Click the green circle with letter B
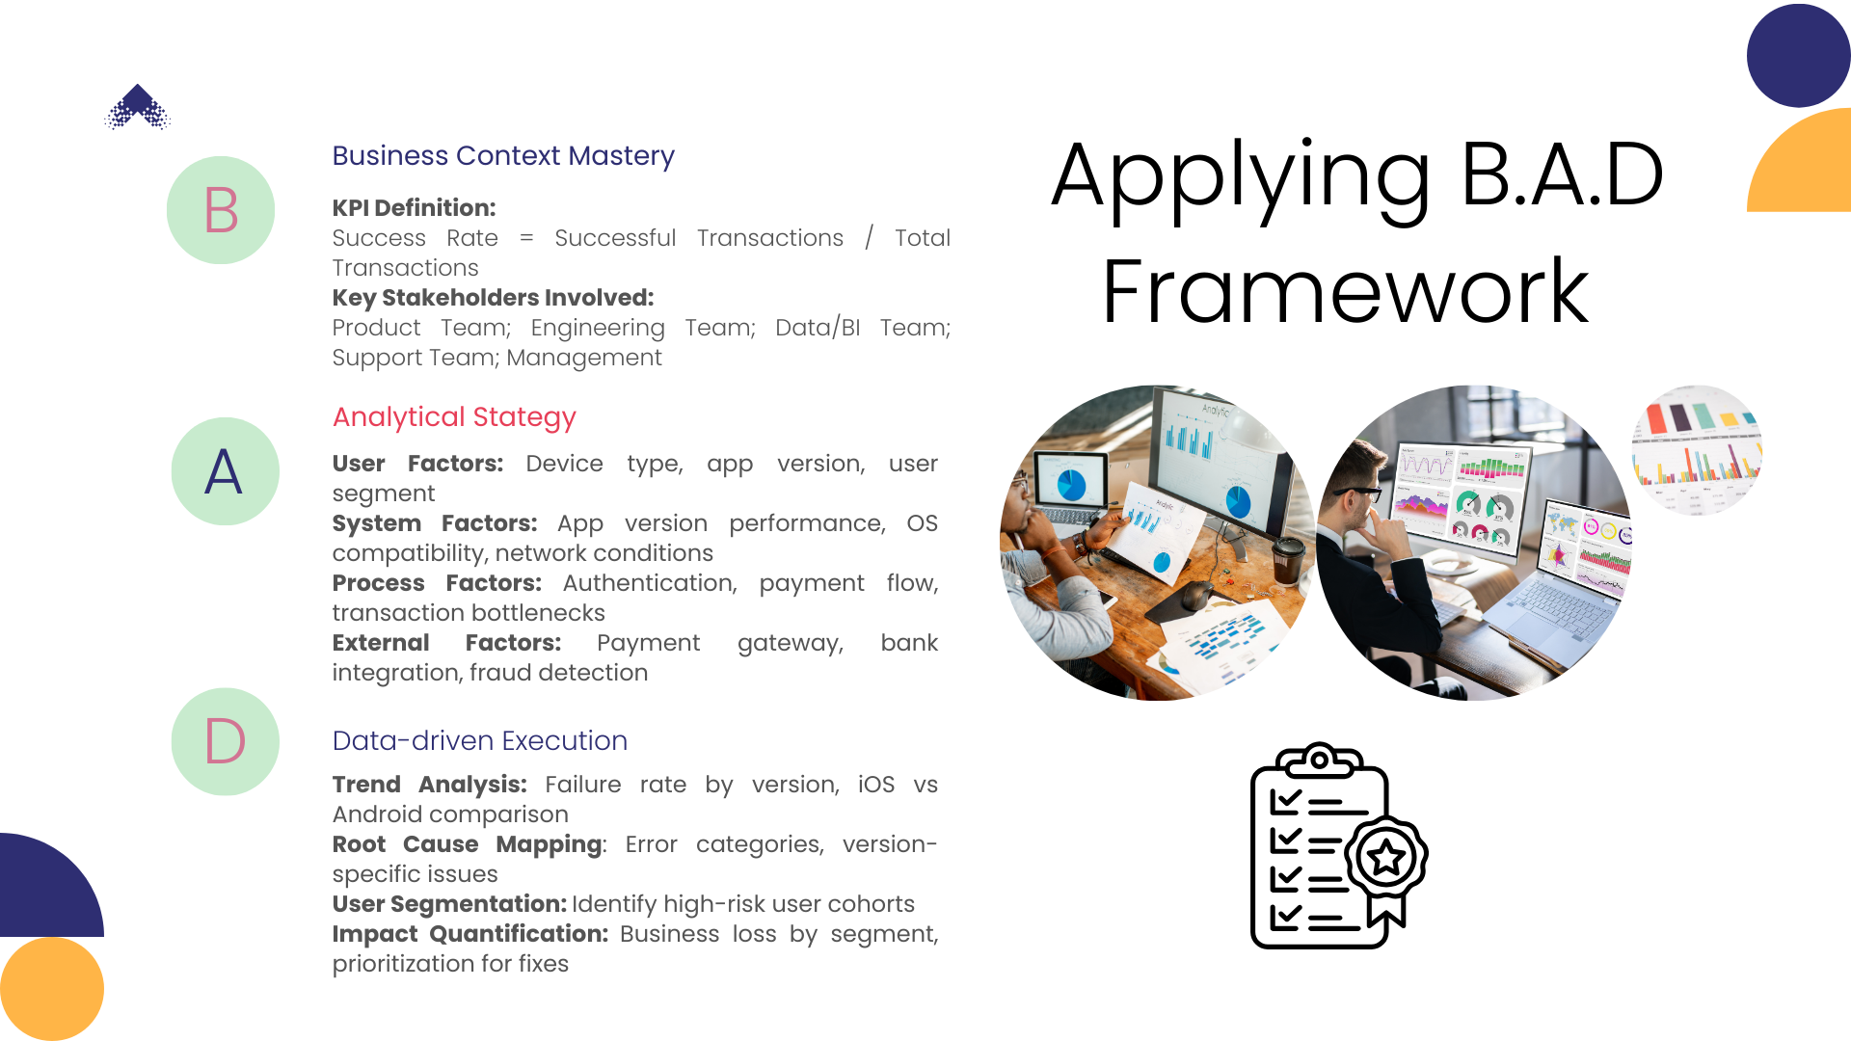tap(221, 210)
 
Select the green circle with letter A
tap(226, 471)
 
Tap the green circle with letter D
tap(226, 741)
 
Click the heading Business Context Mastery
tap(503, 156)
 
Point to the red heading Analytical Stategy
tap(454, 417)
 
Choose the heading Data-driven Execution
tap(480, 740)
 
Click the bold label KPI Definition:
tap(414, 208)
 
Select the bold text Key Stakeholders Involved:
tap(493, 298)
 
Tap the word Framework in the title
tap(1345, 291)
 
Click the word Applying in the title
tap(1241, 178)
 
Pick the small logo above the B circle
tap(138, 107)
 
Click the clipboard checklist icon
tap(1338, 845)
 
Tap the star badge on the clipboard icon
tap(1386, 857)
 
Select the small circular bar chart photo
tap(1697, 450)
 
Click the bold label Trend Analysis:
tap(429, 785)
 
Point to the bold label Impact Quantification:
tap(469, 934)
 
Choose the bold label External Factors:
tap(446, 643)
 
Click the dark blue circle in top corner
tap(1799, 56)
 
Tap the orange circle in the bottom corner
tap(52, 989)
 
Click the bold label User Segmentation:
tap(449, 904)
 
